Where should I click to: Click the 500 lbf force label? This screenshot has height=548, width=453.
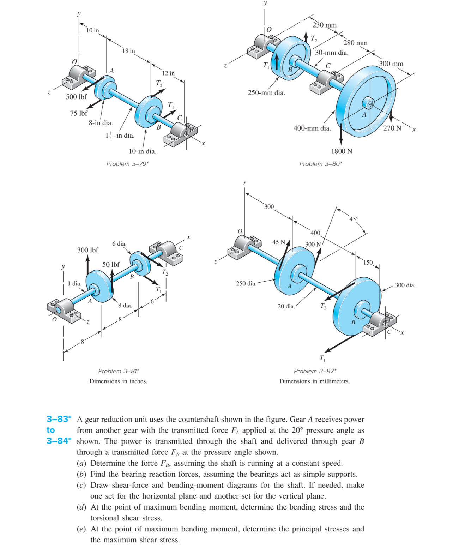tap(76, 97)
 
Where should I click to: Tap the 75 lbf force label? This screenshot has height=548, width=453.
tap(79, 113)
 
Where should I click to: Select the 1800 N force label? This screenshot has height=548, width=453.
tap(342, 151)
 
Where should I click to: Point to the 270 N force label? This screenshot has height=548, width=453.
tap(392, 128)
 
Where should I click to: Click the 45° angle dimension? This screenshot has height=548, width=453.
tap(354, 219)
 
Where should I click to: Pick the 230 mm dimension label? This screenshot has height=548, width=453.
tap(325, 25)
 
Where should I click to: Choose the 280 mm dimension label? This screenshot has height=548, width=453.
tap(355, 43)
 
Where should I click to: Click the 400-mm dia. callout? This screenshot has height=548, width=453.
tap(312, 128)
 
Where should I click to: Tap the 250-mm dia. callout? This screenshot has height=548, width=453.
tap(266, 93)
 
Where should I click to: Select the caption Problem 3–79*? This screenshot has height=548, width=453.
tap(127, 164)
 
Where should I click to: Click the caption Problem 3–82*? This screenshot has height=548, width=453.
tap(315, 371)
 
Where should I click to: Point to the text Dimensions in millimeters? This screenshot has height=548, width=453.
tap(315, 381)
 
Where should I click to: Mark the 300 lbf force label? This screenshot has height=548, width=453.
tap(88, 250)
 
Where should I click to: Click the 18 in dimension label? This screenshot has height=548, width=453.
tap(129, 51)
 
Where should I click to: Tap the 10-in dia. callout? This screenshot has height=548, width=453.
tap(143, 151)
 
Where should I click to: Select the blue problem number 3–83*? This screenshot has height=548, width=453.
tap(59, 419)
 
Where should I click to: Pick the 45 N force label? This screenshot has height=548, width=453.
tap(279, 242)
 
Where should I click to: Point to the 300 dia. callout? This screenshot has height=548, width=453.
tap(405, 285)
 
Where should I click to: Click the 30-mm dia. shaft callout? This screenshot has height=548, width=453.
tap(332, 53)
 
